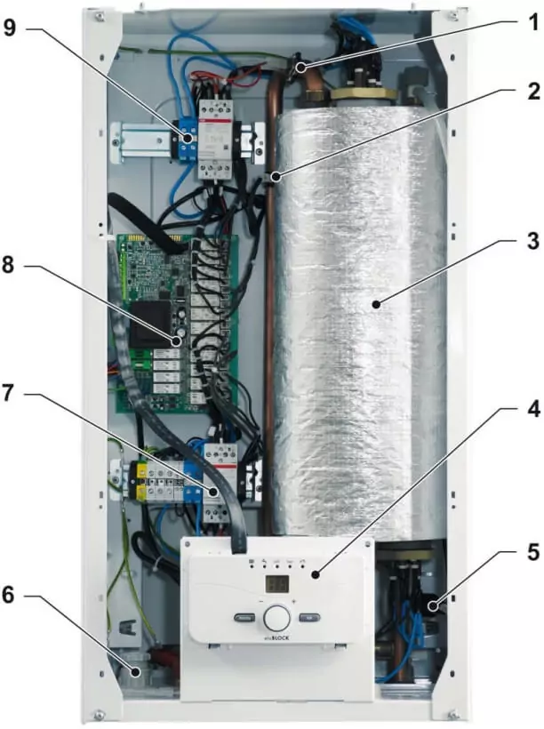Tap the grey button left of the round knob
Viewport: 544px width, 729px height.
244,618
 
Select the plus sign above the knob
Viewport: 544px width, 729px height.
294,601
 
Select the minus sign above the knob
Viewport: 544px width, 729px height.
261,601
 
